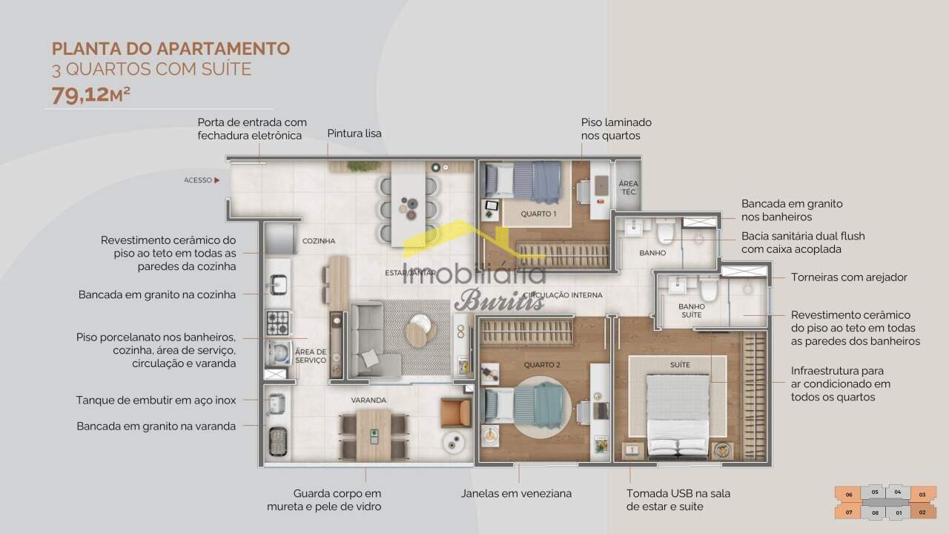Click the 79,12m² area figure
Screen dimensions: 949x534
(90, 95)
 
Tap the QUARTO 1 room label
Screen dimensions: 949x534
(538, 214)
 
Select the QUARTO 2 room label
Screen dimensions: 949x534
(542, 364)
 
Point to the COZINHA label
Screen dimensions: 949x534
(319, 241)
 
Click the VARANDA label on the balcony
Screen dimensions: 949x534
(368, 400)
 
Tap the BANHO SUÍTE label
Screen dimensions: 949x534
(692, 311)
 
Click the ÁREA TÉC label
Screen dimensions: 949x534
(628, 188)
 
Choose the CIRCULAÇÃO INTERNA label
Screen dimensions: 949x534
(563, 295)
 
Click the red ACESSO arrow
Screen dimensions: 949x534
(217, 180)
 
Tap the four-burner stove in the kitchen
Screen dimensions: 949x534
(278, 323)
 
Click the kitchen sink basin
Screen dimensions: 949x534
(278, 284)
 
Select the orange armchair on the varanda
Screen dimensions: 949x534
(455, 412)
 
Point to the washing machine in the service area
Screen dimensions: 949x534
(278, 354)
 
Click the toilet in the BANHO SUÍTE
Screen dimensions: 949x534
(708, 289)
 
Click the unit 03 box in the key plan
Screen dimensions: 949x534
(922, 495)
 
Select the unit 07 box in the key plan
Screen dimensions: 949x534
(849, 512)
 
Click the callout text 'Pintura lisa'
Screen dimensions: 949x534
(354, 133)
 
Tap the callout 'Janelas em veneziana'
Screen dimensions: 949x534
(517, 493)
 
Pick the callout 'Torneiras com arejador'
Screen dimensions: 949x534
(849, 277)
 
